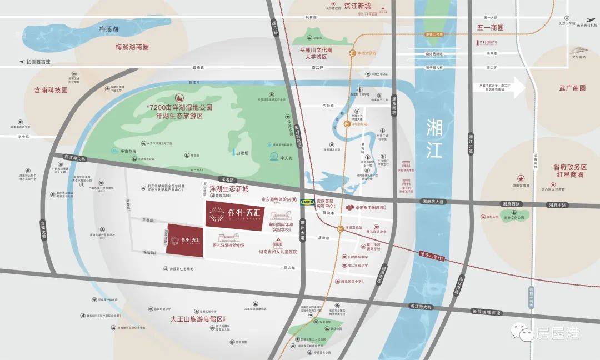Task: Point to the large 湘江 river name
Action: click(x=434, y=138)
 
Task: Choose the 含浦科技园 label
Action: click(x=50, y=89)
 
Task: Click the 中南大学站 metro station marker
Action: click(x=352, y=53)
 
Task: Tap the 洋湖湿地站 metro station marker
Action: click(x=347, y=124)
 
